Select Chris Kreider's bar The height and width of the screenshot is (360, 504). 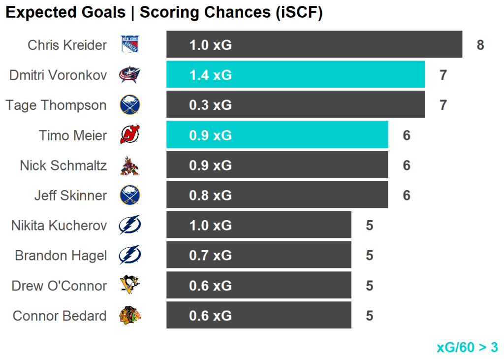(314, 45)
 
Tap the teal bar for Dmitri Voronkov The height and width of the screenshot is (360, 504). (295, 75)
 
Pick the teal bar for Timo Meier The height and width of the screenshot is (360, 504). (277, 135)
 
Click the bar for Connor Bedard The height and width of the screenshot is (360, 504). (258, 315)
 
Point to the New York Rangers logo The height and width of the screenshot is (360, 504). (130, 45)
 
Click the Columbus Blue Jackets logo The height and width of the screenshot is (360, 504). (130, 75)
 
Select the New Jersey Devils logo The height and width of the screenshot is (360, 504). (130, 135)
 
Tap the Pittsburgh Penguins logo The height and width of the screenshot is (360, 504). (130, 285)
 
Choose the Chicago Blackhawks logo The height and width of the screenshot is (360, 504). (130, 315)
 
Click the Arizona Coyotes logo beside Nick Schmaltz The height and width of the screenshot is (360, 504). (130, 165)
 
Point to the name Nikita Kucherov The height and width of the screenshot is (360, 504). (59, 226)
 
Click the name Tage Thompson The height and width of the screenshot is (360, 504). (56, 105)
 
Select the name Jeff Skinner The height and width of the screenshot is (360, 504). (70, 196)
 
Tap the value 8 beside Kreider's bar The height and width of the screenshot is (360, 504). (480, 45)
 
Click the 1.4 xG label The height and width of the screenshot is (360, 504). (210, 75)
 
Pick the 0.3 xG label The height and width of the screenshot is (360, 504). (210, 105)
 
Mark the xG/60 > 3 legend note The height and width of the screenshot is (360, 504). (467, 347)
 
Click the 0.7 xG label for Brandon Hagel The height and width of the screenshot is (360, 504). (210, 256)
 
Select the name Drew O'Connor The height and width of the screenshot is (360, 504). (59, 286)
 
